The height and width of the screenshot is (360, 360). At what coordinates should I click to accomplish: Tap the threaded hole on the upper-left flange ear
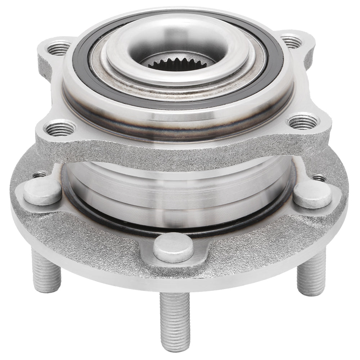pyautogui.click(x=59, y=48)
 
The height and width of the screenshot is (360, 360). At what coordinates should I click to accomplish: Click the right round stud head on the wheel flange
pyautogui.click(x=312, y=194)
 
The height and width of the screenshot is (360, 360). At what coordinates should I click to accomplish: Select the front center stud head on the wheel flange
pyautogui.click(x=173, y=247)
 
